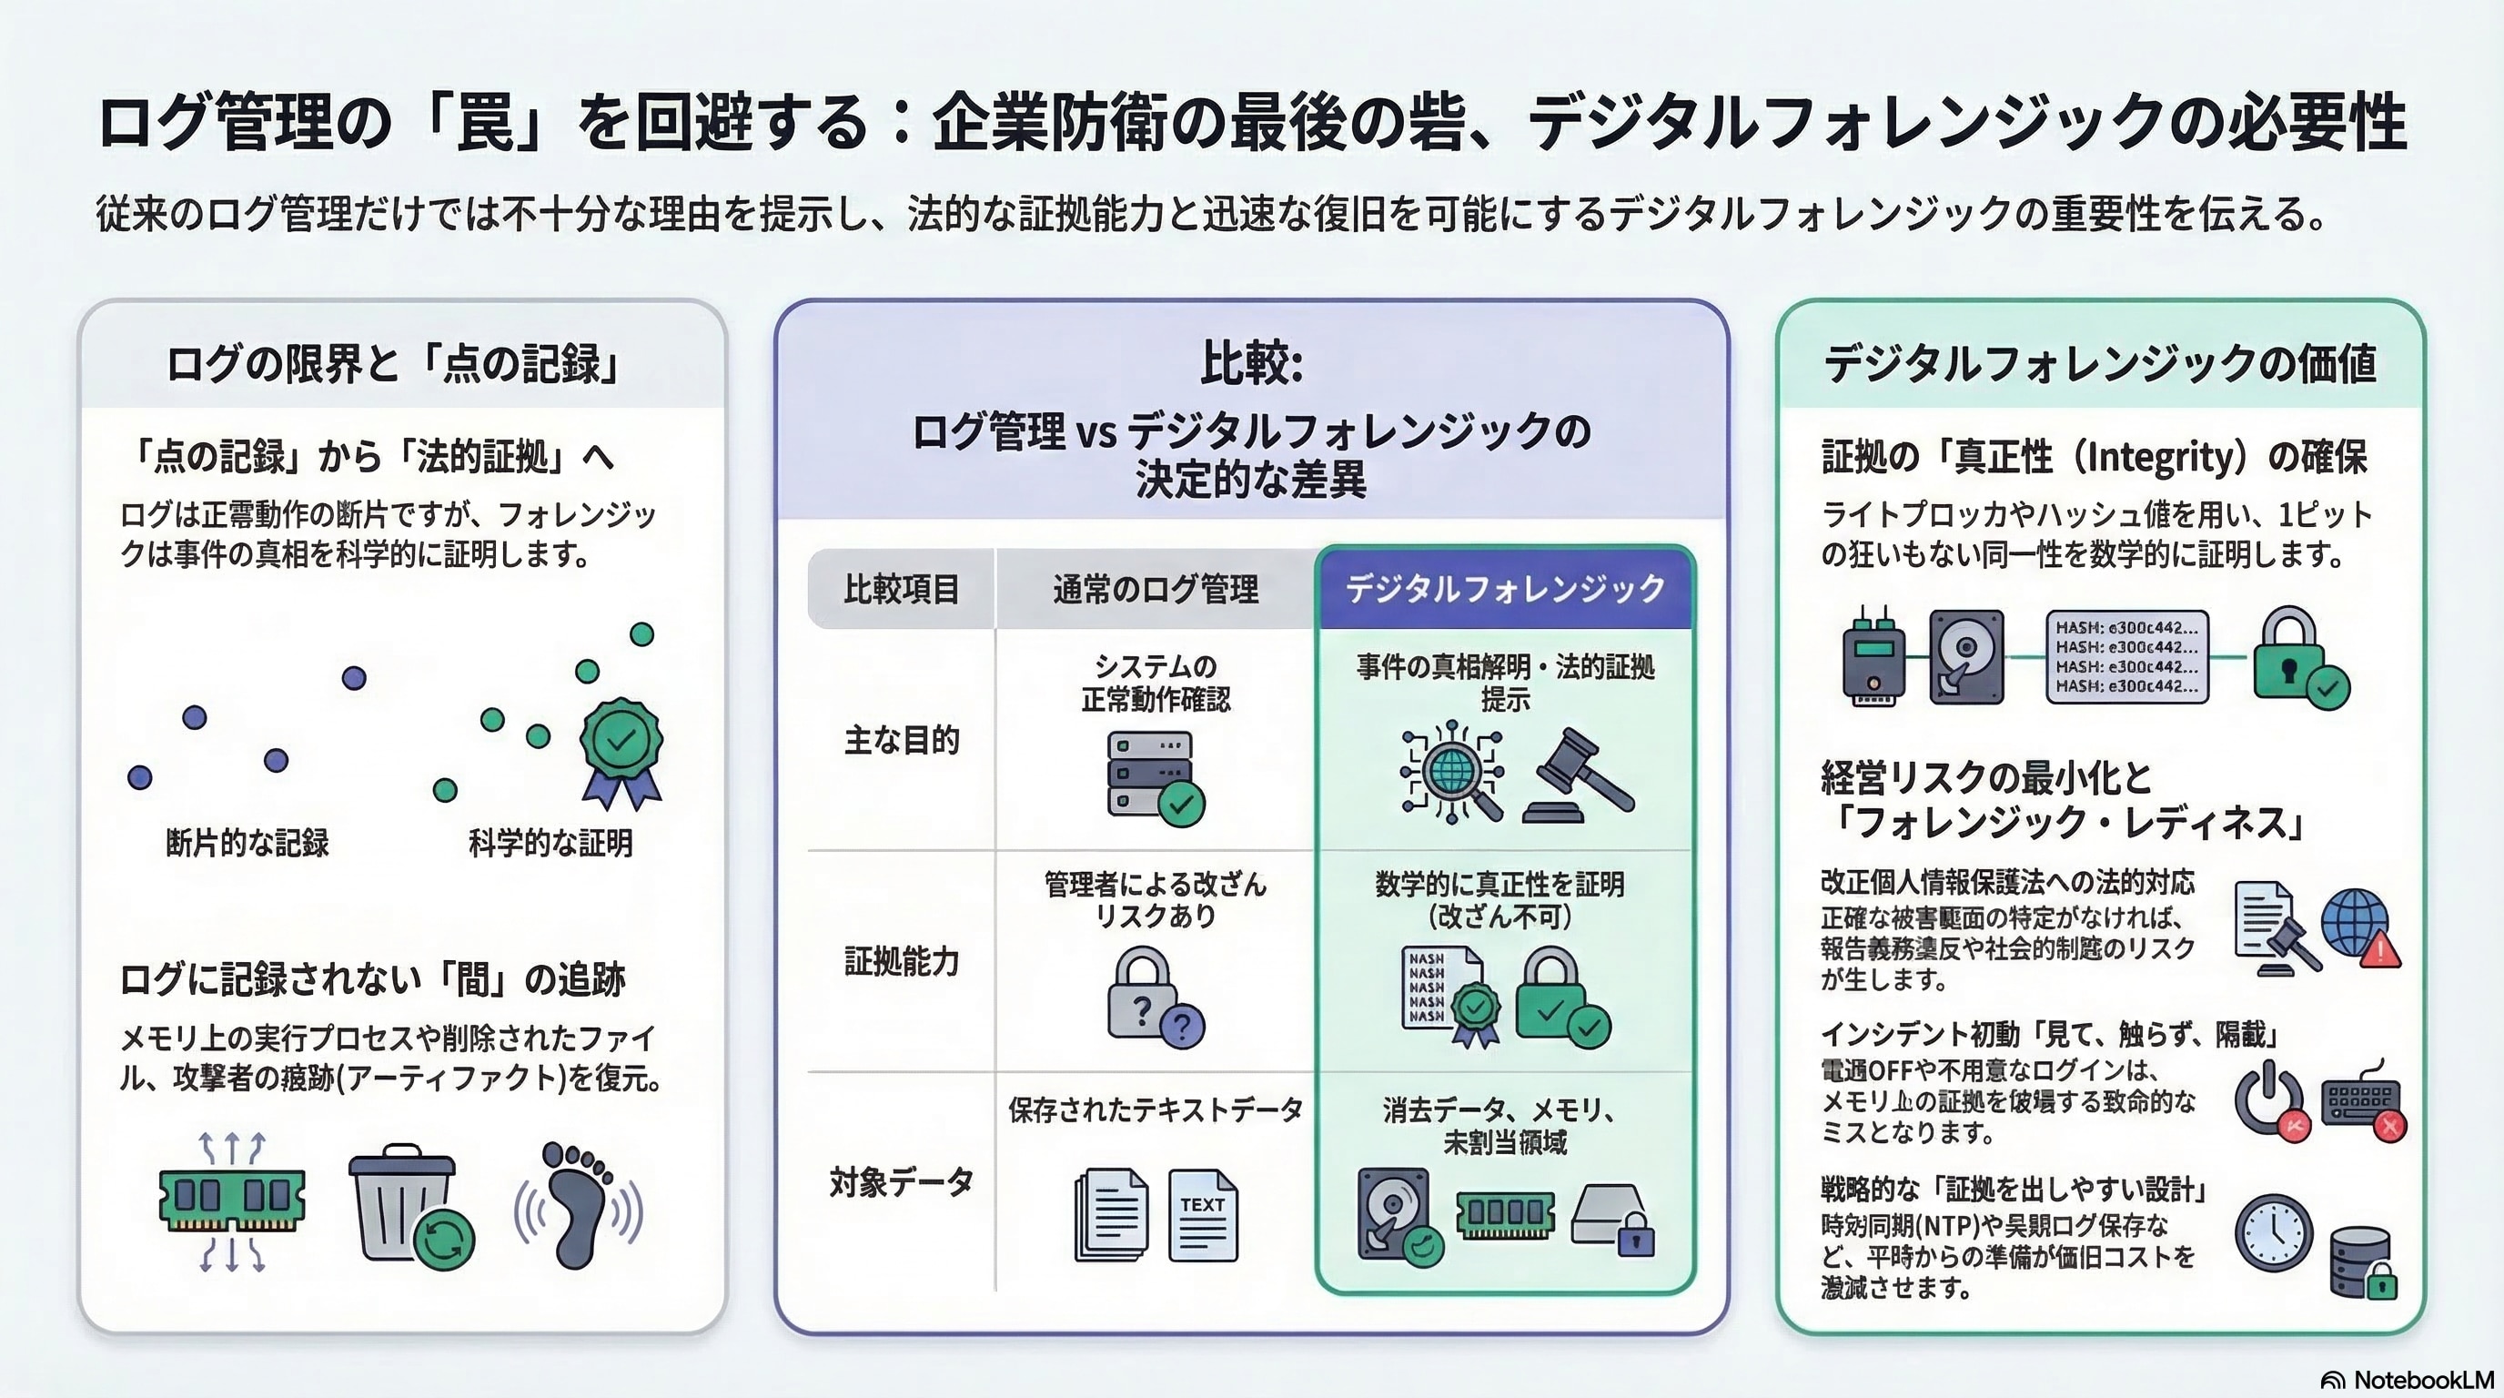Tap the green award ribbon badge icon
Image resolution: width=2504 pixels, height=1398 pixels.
click(621, 753)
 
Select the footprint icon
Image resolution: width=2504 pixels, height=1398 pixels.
click(578, 1206)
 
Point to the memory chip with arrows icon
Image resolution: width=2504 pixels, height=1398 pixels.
click(231, 1201)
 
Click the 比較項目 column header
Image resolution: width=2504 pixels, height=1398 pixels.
click(901, 589)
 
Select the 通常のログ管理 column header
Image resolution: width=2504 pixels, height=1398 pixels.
click(1155, 589)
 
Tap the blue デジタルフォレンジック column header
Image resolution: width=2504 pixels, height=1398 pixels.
click(1505, 588)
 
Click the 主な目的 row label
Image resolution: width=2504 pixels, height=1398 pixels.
click(901, 741)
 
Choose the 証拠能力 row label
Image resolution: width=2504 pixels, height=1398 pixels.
click(901, 961)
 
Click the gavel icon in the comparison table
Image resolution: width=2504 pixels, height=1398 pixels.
click(1580, 775)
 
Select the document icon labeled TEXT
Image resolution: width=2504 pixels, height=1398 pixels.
click(1203, 1215)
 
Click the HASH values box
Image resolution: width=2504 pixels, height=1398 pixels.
click(2126, 657)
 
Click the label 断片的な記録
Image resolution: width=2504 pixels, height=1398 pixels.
click(247, 843)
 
